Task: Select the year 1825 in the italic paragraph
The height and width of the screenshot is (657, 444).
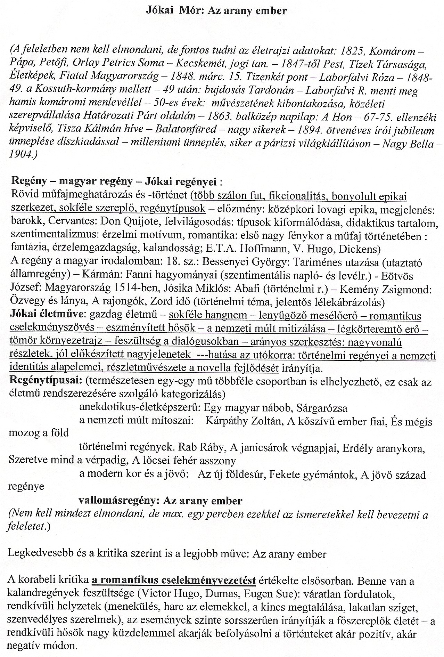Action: [351, 51]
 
